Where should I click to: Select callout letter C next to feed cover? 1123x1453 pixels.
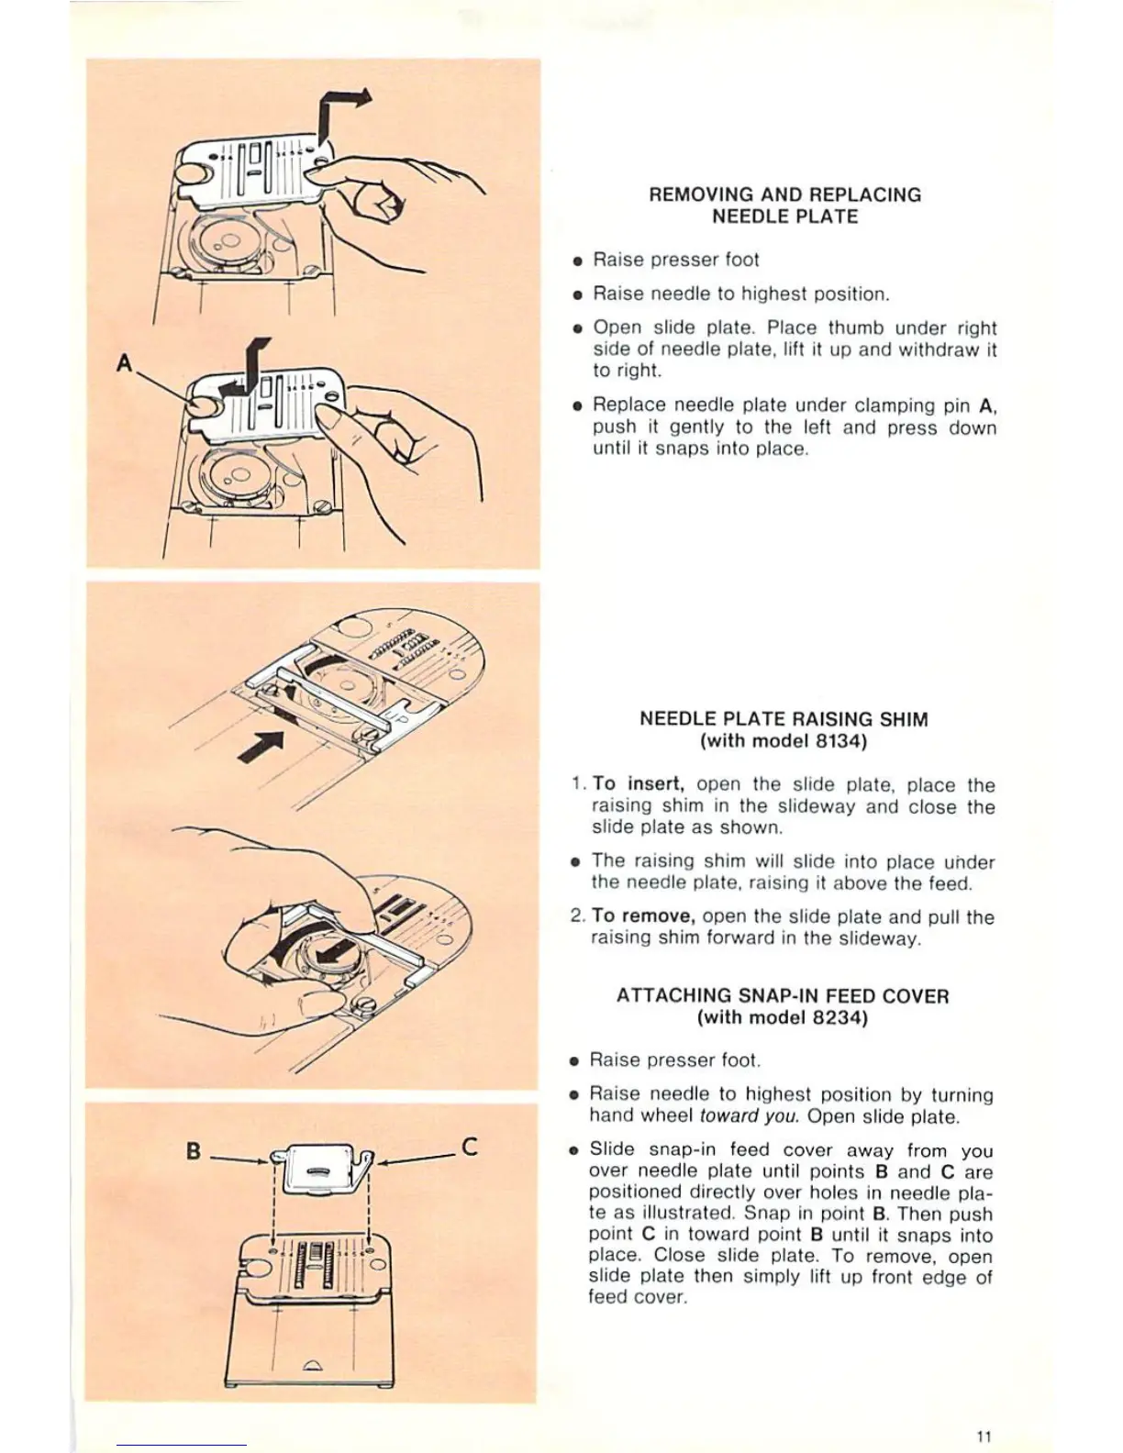tap(469, 1147)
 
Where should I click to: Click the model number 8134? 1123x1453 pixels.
tap(835, 741)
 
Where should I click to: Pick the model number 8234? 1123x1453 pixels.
tap(835, 1018)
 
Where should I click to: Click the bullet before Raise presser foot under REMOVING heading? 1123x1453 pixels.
tap(576, 261)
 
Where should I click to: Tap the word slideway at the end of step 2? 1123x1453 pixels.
tap(882, 937)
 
